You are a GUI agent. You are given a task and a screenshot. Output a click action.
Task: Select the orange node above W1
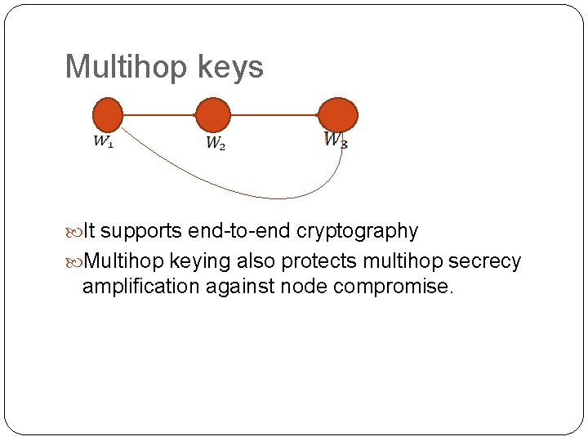pos(106,114)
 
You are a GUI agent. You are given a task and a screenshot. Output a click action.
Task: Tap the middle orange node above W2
pos(213,115)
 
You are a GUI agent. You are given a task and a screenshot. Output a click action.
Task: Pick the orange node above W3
pos(337,114)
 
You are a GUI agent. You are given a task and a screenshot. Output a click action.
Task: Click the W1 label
pos(103,141)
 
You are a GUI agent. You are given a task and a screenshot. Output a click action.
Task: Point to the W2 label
pos(216,143)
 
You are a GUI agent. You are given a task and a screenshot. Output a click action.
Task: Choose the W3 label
pos(336,140)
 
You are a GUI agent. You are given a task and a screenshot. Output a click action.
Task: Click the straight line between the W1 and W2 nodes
pos(159,115)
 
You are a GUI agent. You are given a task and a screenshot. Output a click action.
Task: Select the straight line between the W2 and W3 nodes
pos(275,115)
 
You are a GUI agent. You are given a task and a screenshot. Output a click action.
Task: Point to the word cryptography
pos(357,232)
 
